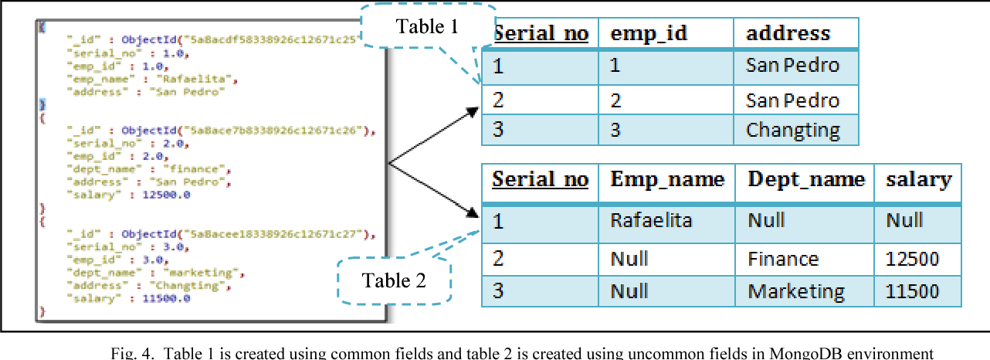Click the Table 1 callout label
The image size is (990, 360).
(x=427, y=27)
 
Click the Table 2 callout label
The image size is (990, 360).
(x=394, y=280)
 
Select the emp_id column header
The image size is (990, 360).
(x=649, y=33)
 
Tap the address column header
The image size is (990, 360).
(x=788, y=33)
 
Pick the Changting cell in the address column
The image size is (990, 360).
(x=792, y=130)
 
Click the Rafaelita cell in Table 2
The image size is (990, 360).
(x=651, y=221)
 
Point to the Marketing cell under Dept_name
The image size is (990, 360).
(x=796, y=291)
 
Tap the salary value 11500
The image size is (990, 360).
(x=913, y=291)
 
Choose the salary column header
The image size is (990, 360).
(x=918, y=180)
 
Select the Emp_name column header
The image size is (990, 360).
(x=667, y=180)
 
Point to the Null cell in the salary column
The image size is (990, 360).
(x=904, y=221)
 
